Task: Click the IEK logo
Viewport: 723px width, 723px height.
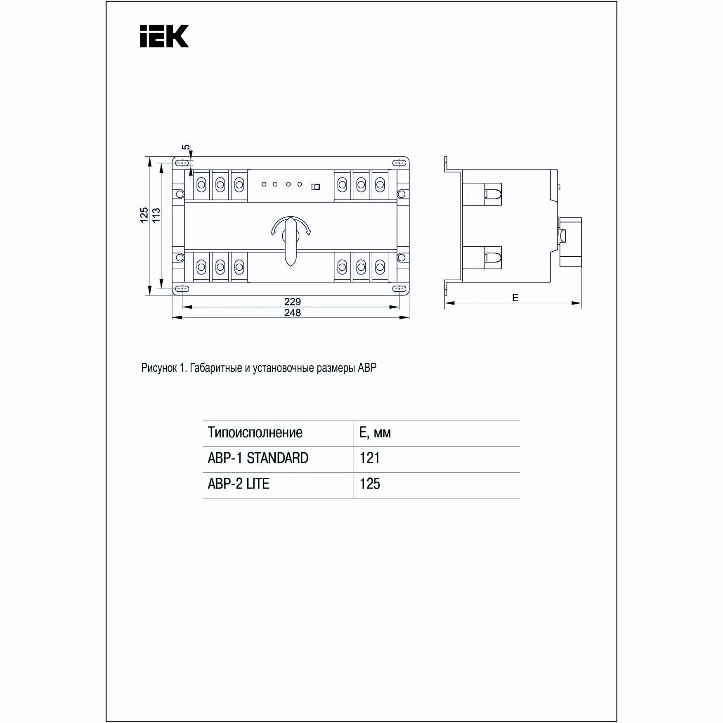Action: pyautogui.click(x=164, y=36)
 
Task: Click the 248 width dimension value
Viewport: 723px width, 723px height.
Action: pyautogui.click(x=293, y=313)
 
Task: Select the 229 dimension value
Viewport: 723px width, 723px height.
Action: pyautogui.click(x=293, y=302)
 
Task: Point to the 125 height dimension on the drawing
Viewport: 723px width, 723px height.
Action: pyautogui.click(x=144, y=215)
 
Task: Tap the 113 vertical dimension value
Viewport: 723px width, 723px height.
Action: pyautogui.click(x=156, y=215)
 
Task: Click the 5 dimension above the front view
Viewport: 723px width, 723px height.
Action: pyautogui.click(x=187, y=147)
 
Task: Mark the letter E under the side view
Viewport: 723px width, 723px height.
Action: pyautogui.click(x=515, y=298)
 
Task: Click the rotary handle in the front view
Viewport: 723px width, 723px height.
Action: pyautogui.click(x=291, y=241)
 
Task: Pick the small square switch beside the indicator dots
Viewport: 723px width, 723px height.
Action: pyautogui.click(x=316, y=187)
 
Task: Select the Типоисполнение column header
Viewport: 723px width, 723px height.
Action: pyautogui.click(x=255, y=432)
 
